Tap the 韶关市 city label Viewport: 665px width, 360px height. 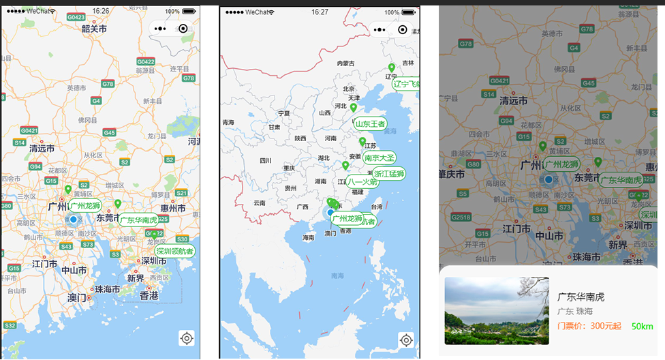click(x=94, y=29)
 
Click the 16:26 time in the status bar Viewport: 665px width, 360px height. click(x=101, y=11)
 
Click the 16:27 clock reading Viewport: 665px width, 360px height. click(x=320, y=12)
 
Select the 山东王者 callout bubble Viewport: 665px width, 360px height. click(x=371, y=124)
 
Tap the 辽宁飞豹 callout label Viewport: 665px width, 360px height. click(x=405, y=84)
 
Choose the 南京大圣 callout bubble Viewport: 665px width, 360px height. click(x=380, y=157)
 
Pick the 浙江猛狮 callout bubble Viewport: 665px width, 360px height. click(x=388, y=174)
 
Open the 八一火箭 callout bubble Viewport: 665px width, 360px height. click(x=362, y=182)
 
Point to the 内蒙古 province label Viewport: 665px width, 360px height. click(x=345, y=63)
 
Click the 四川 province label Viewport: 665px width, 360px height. click(x=266, y=161)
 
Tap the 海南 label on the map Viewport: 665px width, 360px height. click(x=308, y=237)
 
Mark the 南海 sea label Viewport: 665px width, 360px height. click(x=337, y=275)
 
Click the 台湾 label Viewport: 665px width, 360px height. click(x=376, y=207)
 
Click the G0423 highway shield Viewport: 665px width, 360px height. click(x=76, y=17)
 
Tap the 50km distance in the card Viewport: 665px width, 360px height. click(x=642, y=327)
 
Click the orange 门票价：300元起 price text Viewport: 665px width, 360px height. click(x=589, y=326)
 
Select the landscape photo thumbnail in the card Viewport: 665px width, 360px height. click(x=497, y=310)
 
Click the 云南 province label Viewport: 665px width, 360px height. click(x=259, y=202)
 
